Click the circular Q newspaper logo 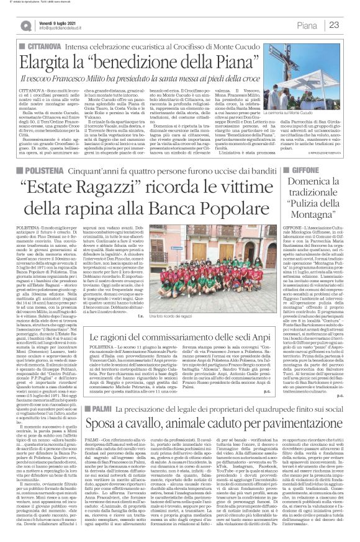(x=26, y=25)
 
